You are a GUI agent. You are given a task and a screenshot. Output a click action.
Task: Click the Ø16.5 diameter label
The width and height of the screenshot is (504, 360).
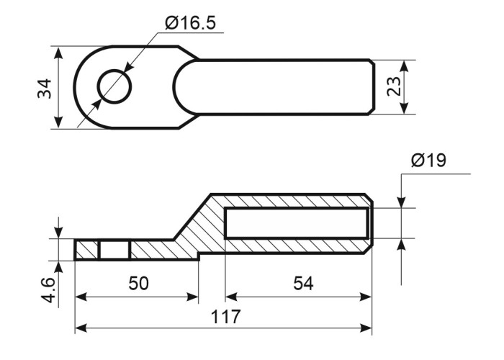tap(190, 23)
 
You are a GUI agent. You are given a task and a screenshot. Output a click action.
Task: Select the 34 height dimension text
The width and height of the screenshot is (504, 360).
tap(45, 89)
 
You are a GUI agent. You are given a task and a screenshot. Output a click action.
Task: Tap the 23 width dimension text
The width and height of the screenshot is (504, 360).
tap(394, 86)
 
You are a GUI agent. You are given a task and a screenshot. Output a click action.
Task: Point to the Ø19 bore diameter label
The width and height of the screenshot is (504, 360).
tap(428, 160)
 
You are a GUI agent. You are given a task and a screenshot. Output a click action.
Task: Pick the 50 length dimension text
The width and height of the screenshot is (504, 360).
tap(138, 284)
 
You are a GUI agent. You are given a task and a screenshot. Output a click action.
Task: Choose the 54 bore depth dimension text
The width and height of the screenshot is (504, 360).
tap(303, 284)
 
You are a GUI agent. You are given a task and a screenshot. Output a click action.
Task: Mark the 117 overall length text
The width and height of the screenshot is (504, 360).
tap(225, 317)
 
